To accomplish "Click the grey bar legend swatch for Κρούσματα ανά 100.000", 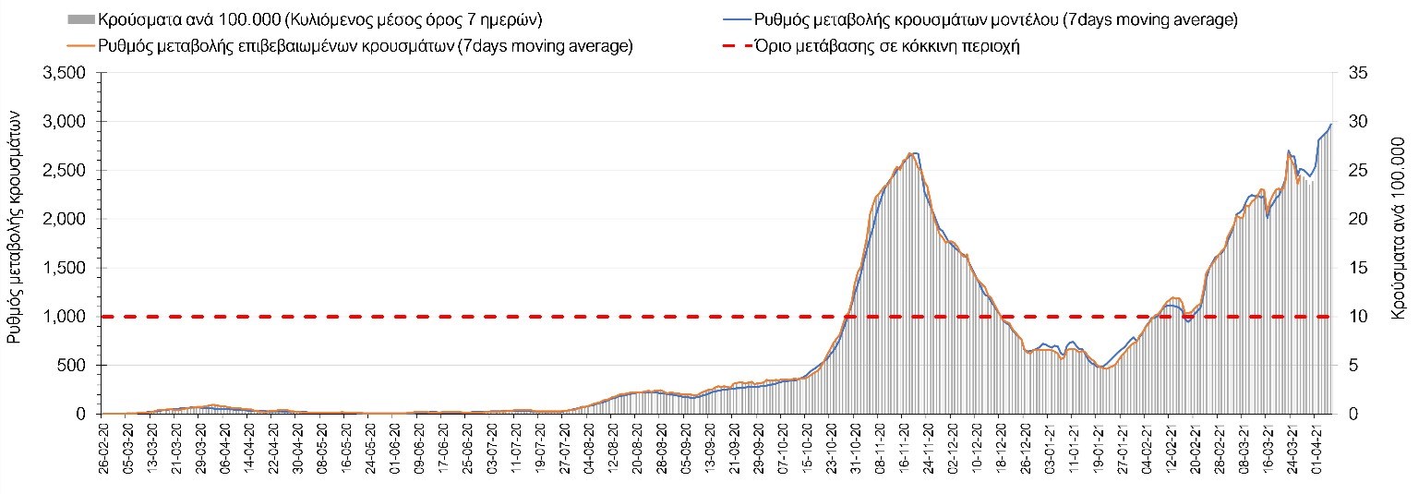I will [81, 19].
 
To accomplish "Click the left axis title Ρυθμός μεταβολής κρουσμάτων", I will [16, 235].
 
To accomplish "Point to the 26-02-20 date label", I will [104, 445].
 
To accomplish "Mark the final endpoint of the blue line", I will [1331, 124].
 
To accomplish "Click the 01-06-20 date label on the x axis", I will [396, 445].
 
